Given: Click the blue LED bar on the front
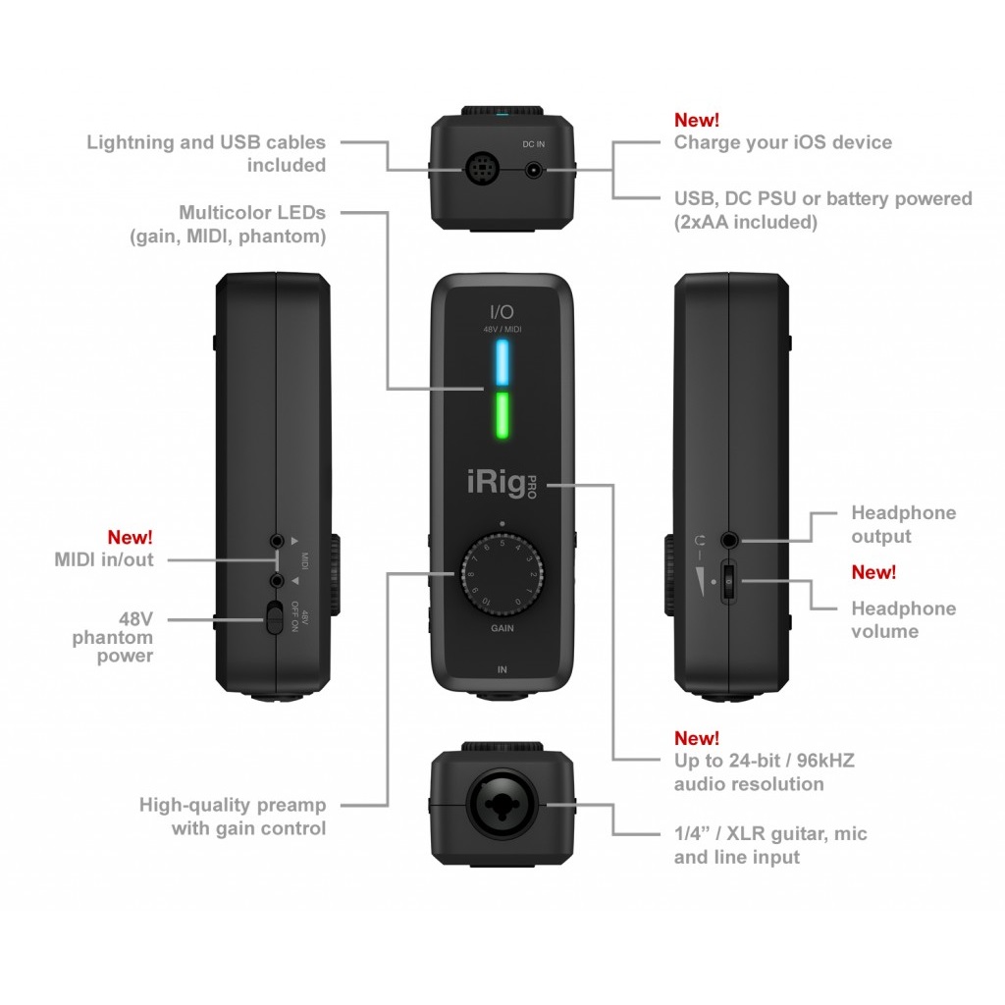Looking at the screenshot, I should (502, 363).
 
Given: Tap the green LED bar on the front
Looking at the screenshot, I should (502, 416).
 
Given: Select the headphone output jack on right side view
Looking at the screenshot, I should (729, 540).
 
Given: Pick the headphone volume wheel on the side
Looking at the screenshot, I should (729, 581).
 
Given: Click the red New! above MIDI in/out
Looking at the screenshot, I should (131, 537).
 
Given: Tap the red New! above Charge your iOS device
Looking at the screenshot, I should (697, 120).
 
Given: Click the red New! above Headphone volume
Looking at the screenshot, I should (873, 572).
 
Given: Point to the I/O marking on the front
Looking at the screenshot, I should (502, 312).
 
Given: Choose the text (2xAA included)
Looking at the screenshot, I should (745, 222).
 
